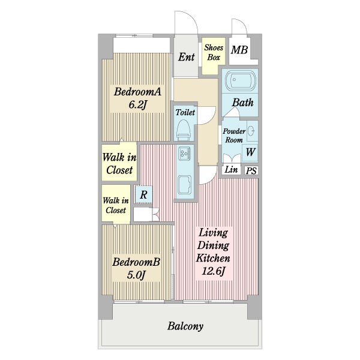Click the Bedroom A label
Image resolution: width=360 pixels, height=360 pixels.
[137, 92]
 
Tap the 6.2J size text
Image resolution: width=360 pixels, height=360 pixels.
[137, 105]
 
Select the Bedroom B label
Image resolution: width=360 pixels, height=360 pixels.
[136, 262]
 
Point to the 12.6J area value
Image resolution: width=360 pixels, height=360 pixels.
[213, 271]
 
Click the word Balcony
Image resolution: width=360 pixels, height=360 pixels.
[185, 326]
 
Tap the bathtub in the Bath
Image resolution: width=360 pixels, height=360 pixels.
[241, 80]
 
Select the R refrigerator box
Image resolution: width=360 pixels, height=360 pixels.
[143, 194]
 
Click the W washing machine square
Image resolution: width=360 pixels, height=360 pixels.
[250, 152]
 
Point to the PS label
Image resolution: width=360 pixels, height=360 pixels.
[251, 171]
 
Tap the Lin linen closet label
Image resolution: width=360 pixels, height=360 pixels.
[231, 170]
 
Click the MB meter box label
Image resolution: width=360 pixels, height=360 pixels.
[239, 50]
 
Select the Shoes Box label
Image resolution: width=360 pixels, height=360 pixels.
[214, 52]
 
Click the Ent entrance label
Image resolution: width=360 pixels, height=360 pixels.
[186, 57]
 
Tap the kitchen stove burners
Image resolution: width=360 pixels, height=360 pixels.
[184, 154]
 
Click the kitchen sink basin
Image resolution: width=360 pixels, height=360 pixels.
[185, 184]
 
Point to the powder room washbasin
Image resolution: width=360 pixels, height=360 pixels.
[251, 131]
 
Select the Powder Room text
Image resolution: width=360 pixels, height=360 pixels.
[234, 136]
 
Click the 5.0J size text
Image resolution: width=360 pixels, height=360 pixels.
[136, 275]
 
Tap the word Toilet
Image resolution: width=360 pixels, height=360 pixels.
[185, 112]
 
